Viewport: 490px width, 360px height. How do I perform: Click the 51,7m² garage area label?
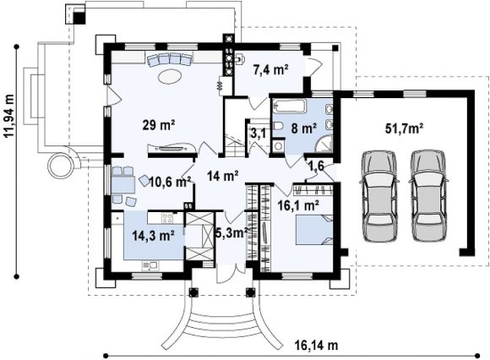click(x=404, y=128)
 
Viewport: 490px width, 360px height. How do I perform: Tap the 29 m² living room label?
click(x=159, y=125)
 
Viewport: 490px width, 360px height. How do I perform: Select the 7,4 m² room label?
click(x=270, y=70)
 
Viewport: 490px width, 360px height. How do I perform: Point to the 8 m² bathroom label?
click(x=304, y=128)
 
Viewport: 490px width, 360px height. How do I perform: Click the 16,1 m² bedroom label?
click(x=298, y=205)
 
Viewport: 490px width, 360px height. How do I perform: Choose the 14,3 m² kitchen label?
click(x=153, y=235)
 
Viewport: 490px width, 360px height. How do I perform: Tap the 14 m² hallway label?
click(x=223, y=177)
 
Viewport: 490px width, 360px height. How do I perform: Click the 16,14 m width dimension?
click(x=316, y=346)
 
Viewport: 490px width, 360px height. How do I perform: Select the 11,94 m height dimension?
click(x=9, y=116)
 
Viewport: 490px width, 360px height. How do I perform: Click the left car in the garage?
click(x=378, y=196)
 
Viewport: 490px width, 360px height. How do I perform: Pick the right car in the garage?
click(x=428, y=196)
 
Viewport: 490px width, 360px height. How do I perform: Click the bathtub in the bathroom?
click(x=290, y=106)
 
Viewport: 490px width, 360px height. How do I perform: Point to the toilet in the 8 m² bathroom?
click(x=278, y=126)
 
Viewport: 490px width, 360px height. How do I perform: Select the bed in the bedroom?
click(x=313, y=230)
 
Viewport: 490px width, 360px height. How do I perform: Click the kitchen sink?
click(x=150, y=266)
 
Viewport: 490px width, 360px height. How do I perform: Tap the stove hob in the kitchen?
click(x=167, y=217)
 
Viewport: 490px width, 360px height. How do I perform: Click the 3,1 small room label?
click(x=259, y=134)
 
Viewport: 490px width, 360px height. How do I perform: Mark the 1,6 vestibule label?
click(x=316, y=166)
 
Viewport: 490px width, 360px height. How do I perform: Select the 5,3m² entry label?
click(x=231, y=232)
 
